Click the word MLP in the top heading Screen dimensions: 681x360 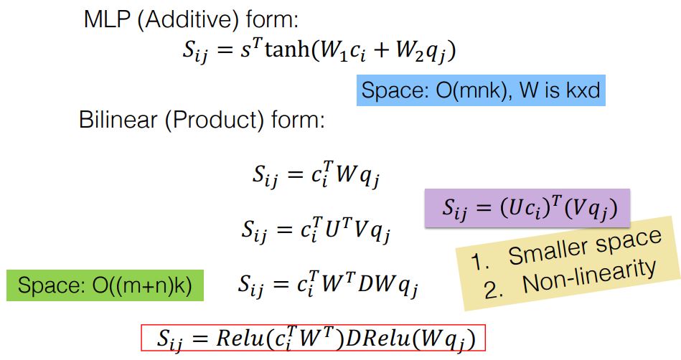[106, 20]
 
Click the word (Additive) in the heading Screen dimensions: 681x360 [188, 20]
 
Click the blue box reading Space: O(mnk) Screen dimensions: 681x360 [481, 90]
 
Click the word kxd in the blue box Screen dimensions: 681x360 [583, 90]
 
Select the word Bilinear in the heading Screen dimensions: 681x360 [118, 120]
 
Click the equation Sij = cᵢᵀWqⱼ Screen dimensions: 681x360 [316, 174]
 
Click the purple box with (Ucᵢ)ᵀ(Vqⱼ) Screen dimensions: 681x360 [527, 208]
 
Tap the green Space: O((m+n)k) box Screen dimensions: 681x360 [105, 285]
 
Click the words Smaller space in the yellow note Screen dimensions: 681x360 [585, 246]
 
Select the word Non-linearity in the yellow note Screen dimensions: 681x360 [589, 276]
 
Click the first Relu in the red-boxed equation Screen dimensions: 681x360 [240, 338]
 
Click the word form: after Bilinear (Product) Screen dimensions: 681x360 [299, 120]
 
